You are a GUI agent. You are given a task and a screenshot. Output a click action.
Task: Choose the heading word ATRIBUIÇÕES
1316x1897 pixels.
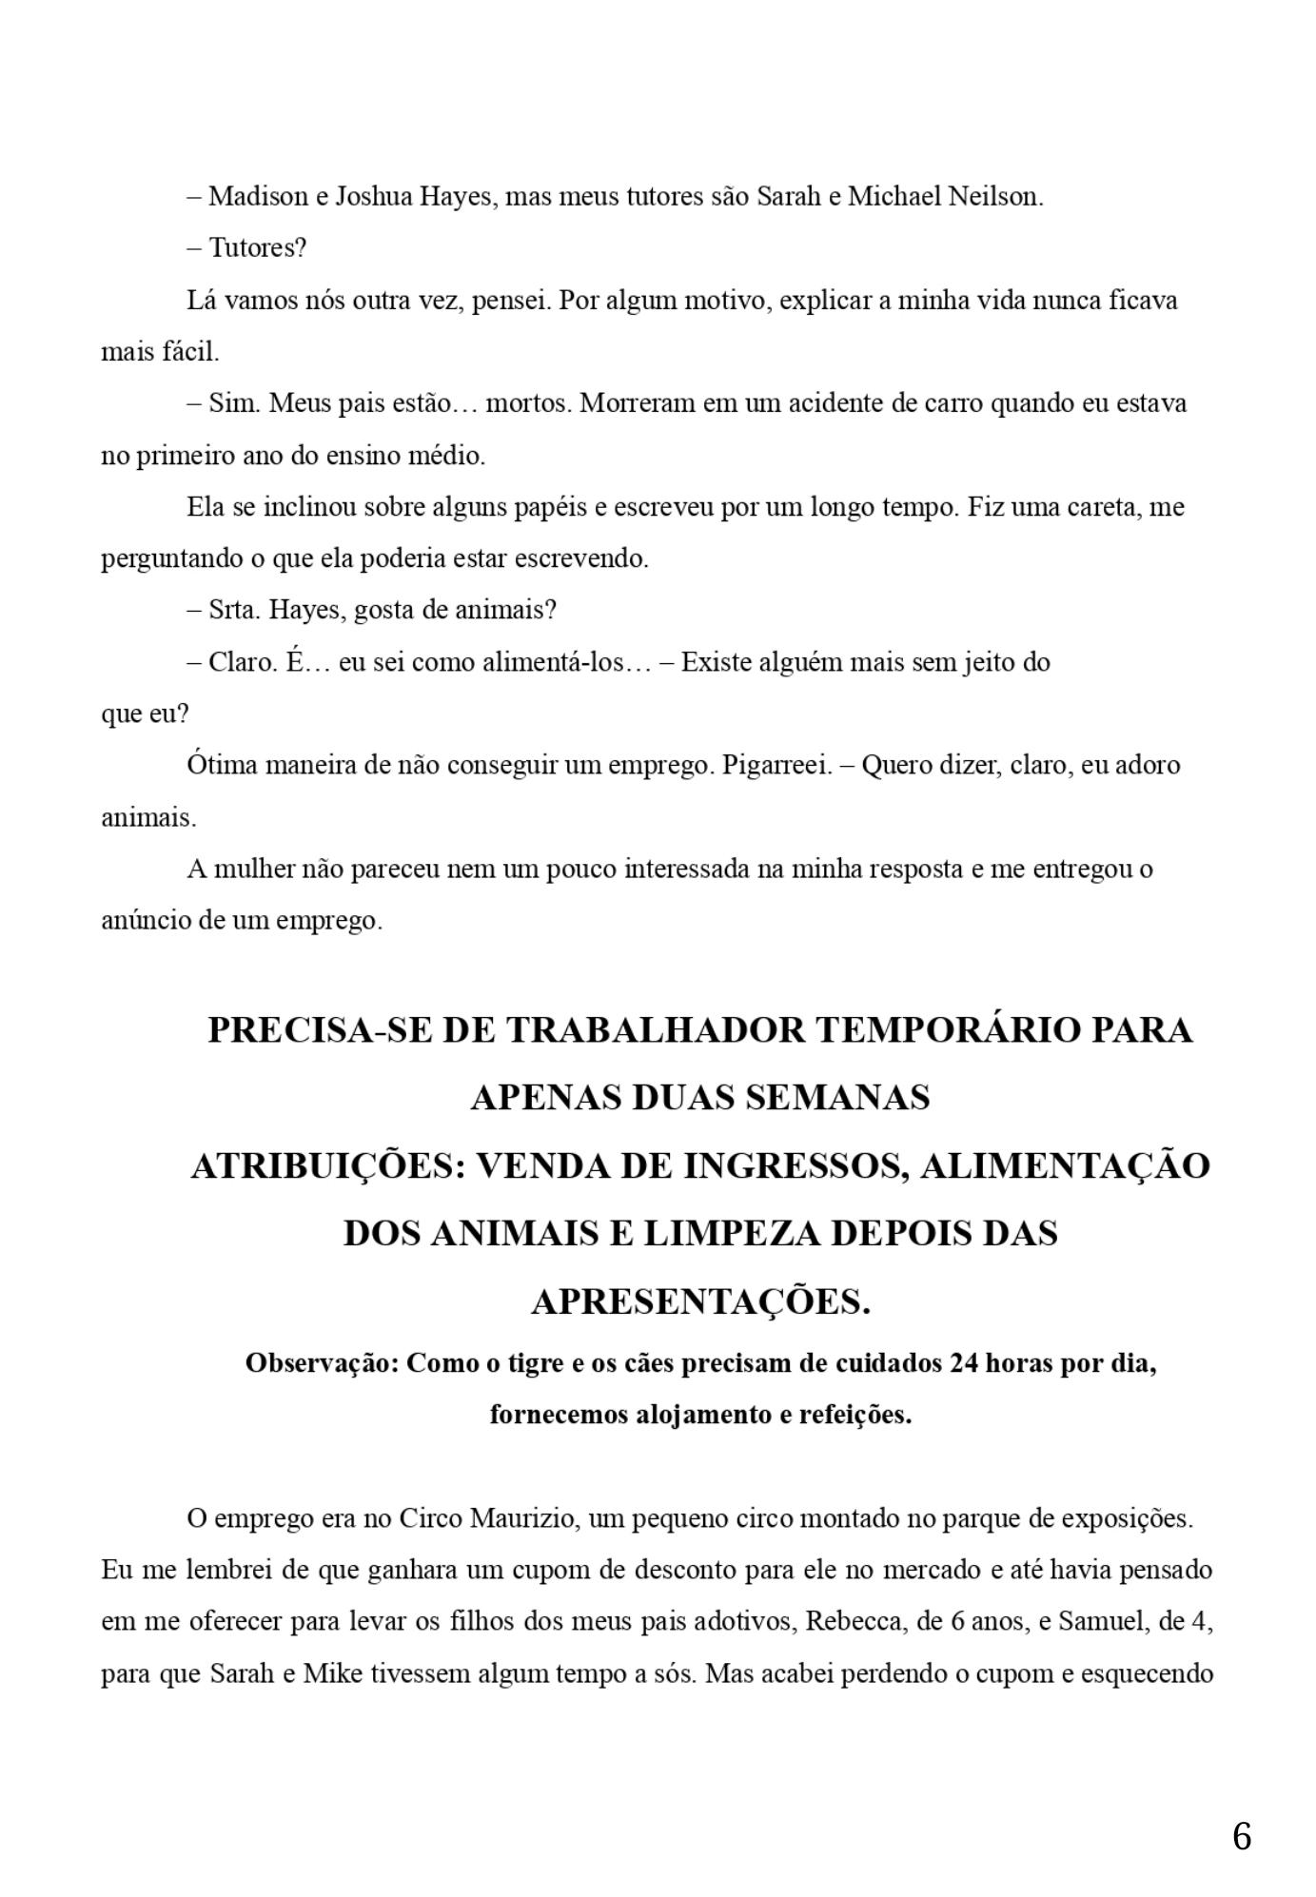click(x=327, y=1166)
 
